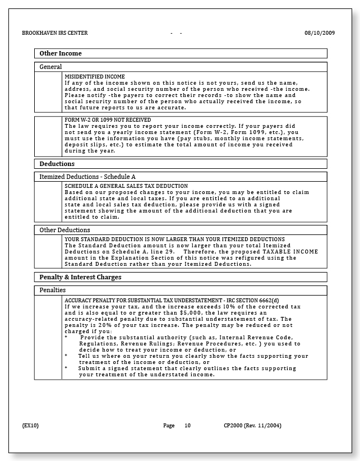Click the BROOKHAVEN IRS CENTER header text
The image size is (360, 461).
coord(54,33)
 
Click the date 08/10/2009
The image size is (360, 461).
coord(320,33)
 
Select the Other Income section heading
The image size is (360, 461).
coord(61,54)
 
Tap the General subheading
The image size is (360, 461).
coord(50,67)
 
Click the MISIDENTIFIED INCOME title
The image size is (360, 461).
coord(95,76)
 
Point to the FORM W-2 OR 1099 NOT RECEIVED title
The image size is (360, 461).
coord(108,119)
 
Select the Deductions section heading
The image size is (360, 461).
coord(57,164)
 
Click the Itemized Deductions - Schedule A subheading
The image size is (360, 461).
coord(87,177)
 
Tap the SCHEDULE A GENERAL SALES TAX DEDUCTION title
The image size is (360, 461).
coord(126,186)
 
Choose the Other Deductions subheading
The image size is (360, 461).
coord(64,230)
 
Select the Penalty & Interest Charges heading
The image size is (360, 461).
coord(80,278)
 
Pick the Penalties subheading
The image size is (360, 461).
coord(53,291)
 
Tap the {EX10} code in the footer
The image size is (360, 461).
coord(30,426)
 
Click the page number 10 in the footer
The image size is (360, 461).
coord(187,426)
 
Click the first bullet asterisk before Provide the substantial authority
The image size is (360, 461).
coord(66,338)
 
